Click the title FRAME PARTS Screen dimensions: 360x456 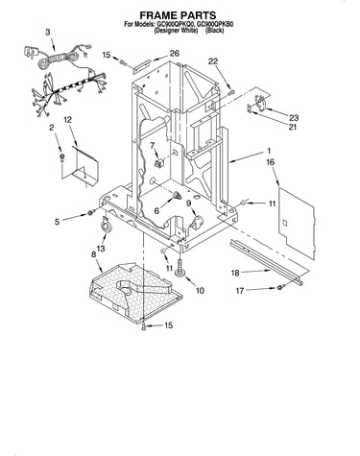(178, 15)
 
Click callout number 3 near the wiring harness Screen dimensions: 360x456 (48, 32)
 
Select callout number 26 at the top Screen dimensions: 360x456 (174, 53)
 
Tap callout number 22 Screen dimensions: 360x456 (213, 61)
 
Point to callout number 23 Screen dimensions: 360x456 (294, 118)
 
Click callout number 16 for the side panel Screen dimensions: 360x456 (271, 162)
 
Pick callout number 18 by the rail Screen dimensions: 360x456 (235, 273)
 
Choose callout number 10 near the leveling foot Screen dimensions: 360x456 (200, 290)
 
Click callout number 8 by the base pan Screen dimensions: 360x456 (93, 254)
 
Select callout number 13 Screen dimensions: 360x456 (101, 248)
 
